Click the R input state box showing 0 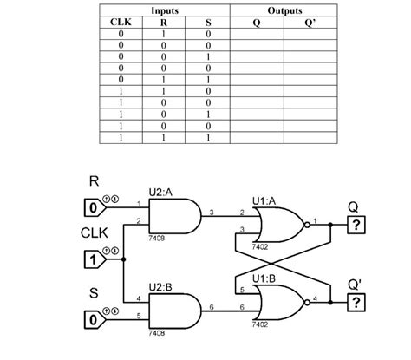[x=90, y=207]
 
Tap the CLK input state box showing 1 [x=90, y=259]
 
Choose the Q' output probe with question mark [x=354, y=302]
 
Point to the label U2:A [x=160, y=193]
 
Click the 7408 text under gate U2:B [x=156, y=332]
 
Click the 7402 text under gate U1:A [x=259, y=246]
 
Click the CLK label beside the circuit [x=94, y=233]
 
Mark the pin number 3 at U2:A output [x=212, y=212]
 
